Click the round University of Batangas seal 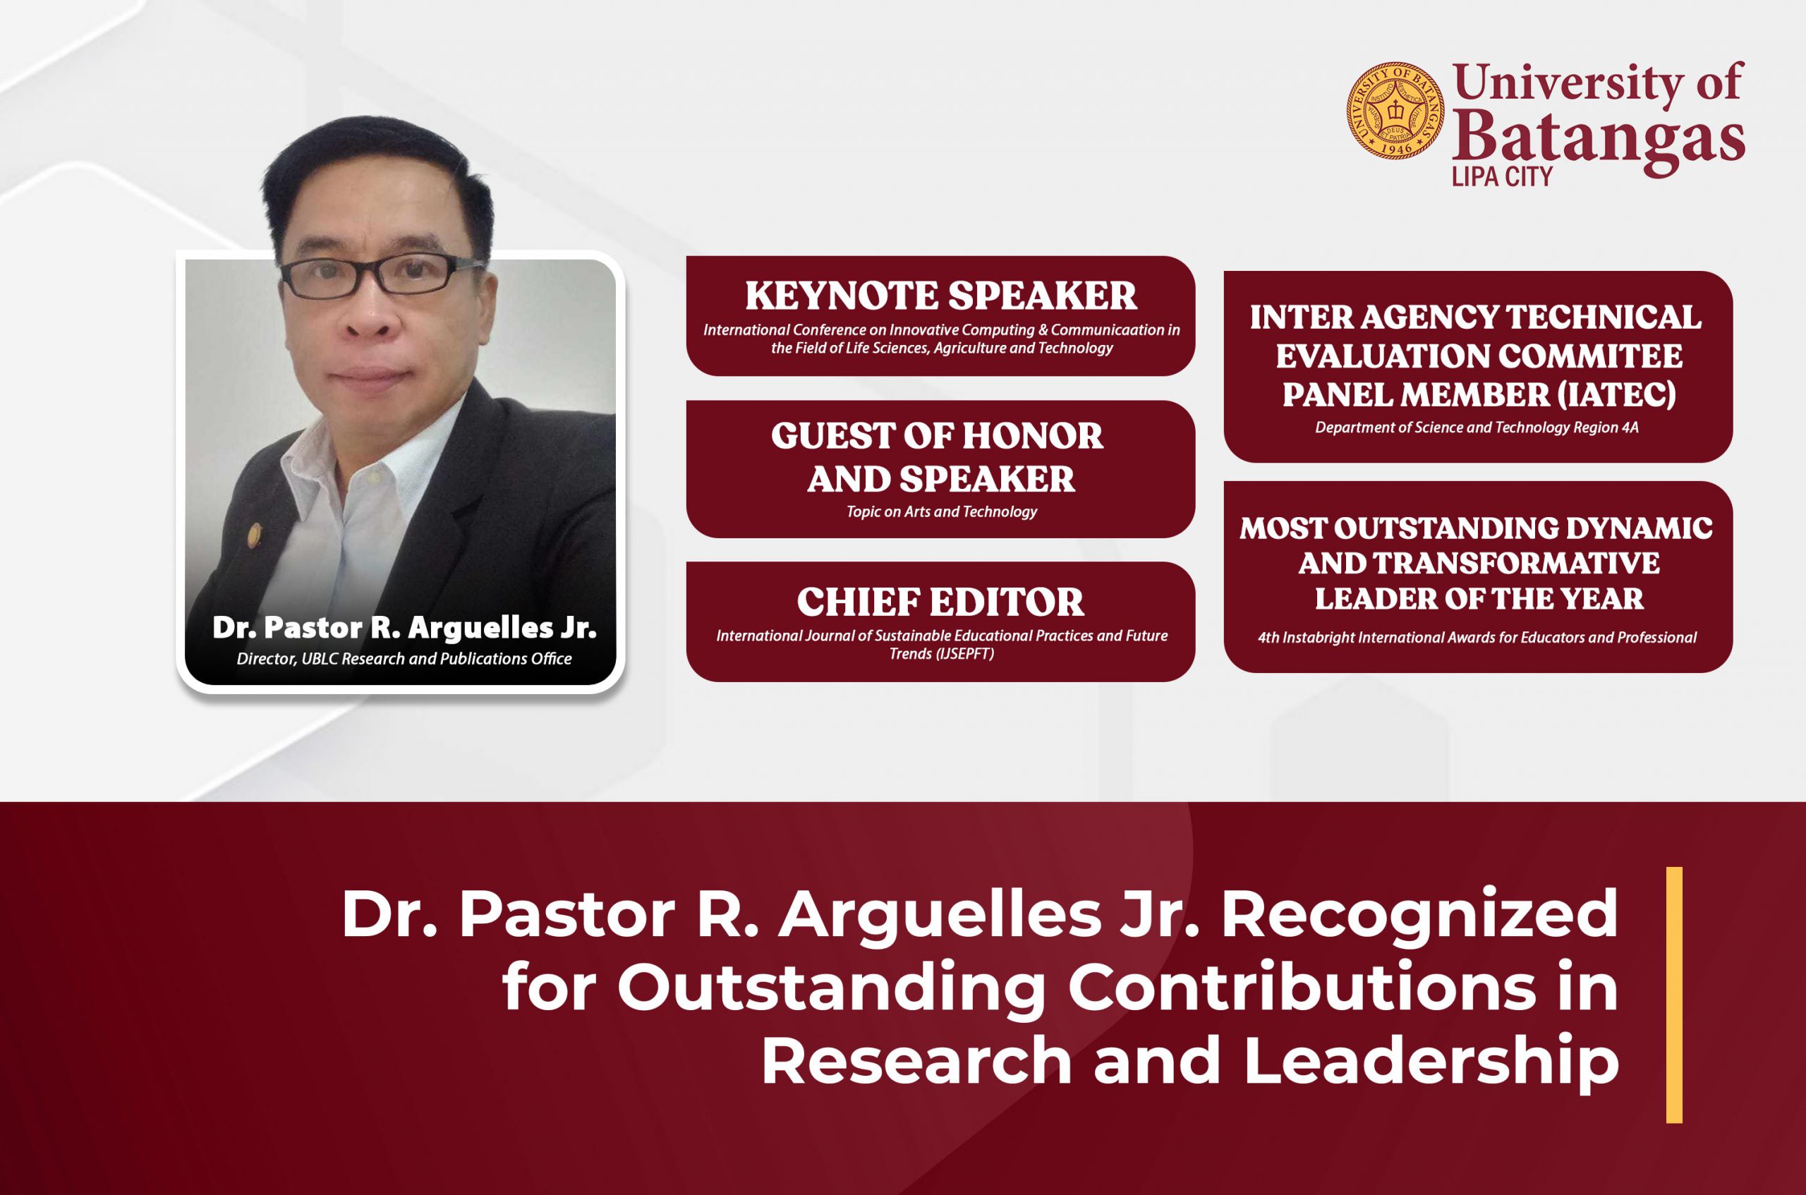tap(1395, 111)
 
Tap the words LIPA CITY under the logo tap(1502, 177)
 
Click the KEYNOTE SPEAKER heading tap(940, 296)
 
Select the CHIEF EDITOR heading tap(940, 602)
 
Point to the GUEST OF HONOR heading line tap(937, 436)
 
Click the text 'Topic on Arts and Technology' tap(941, 511)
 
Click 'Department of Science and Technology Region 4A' tap(1477, 427)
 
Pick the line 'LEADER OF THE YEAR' tap(1479, 598)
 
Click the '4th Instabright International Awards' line tap(1477, 637)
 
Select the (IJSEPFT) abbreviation tap(941, 654)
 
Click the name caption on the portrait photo tap(404, 628)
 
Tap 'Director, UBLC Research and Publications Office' tap(404, 658)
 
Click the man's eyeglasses tap(381, 275)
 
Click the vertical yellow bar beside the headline tap(1674, 995)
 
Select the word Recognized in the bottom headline tap(1420, 914)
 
